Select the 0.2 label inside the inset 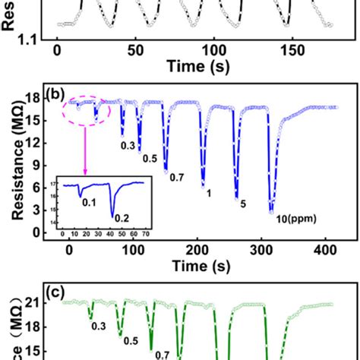tap(122, 218)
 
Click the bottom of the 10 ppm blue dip tap(271, 212)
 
